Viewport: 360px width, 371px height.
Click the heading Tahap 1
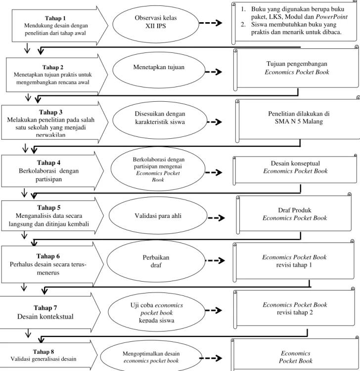coord(55,18)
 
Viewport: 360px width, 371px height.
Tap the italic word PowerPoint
coord(332,17)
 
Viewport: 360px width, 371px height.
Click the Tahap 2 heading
coord(53,67)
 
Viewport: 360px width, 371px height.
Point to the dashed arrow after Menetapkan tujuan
coord(214,72)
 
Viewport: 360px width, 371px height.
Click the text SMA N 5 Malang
coord(299,122)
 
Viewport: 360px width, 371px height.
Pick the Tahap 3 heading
coord(50,112)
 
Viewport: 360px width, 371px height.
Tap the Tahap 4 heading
coord(48,163)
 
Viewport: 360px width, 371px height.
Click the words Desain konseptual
coord(295,163)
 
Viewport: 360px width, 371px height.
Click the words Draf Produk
coord(295,210)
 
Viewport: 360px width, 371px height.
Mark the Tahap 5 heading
coord(49,207)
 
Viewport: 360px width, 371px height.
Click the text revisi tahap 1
coord(294,265)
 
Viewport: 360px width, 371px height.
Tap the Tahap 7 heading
coord(45,308)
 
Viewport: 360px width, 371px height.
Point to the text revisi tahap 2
coord(295,313)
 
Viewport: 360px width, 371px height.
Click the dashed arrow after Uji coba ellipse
coord(214,310)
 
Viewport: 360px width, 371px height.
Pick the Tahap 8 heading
coord(44,352)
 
